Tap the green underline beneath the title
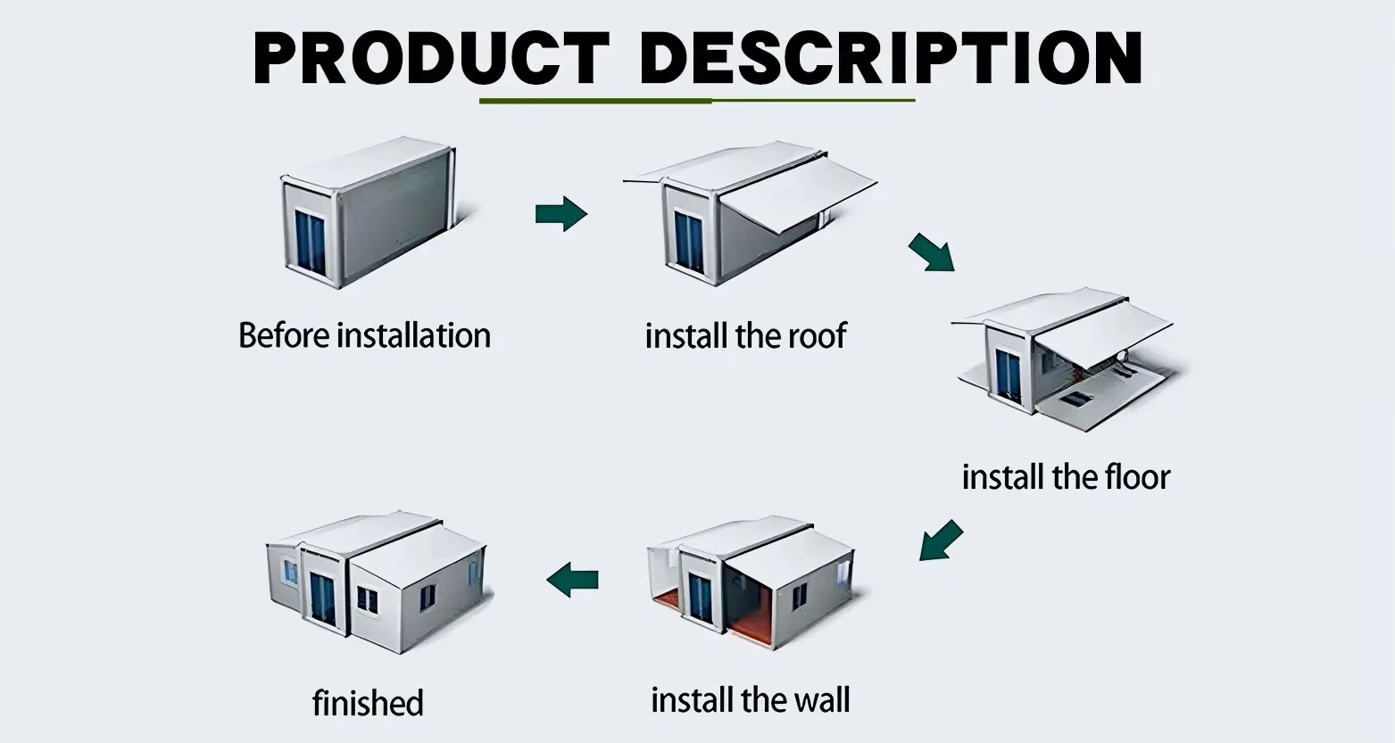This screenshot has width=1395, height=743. [697, 101]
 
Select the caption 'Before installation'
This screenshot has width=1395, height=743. [364, 336]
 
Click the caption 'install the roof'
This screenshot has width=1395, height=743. [745, 336]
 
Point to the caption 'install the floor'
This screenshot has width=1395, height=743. [1065, 477]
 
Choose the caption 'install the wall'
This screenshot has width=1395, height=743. [750, 700]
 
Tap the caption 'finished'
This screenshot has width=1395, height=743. [368, 703]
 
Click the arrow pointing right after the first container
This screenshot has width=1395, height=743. [560, 214]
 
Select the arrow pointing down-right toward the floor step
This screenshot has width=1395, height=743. [931, 252]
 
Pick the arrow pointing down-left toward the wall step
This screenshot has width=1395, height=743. [941, 541]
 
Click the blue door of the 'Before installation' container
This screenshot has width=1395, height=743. [311, 242]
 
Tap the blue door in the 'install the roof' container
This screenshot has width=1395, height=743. [689, 241]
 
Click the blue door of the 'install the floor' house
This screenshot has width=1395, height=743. [1009, 375]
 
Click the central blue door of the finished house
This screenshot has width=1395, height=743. [322, 599]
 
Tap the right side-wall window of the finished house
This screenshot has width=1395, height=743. [428, 596]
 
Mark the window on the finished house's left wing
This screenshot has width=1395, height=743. [290, 572]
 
